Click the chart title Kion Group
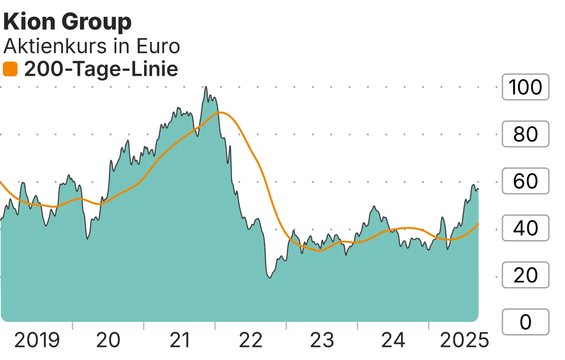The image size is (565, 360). (x=67, y=22)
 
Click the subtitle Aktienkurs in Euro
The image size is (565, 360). (x=92, y=46)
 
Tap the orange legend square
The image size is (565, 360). (x=10, y=70)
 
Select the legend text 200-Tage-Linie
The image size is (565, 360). (x=101, y=70)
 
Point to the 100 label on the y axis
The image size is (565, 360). (x=525, y=87)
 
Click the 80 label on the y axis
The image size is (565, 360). (x=525, y=134)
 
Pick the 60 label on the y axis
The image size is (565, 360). (x=525, y=181)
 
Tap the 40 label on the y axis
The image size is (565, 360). (x=525, y=228)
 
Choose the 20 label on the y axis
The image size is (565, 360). (x=525, y=275)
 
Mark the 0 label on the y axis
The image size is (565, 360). (x=525, y=322)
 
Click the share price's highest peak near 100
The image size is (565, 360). (x=206, y=87)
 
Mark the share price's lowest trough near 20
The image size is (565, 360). (x=269, y=278)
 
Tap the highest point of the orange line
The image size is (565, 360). (x=219, y=112)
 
